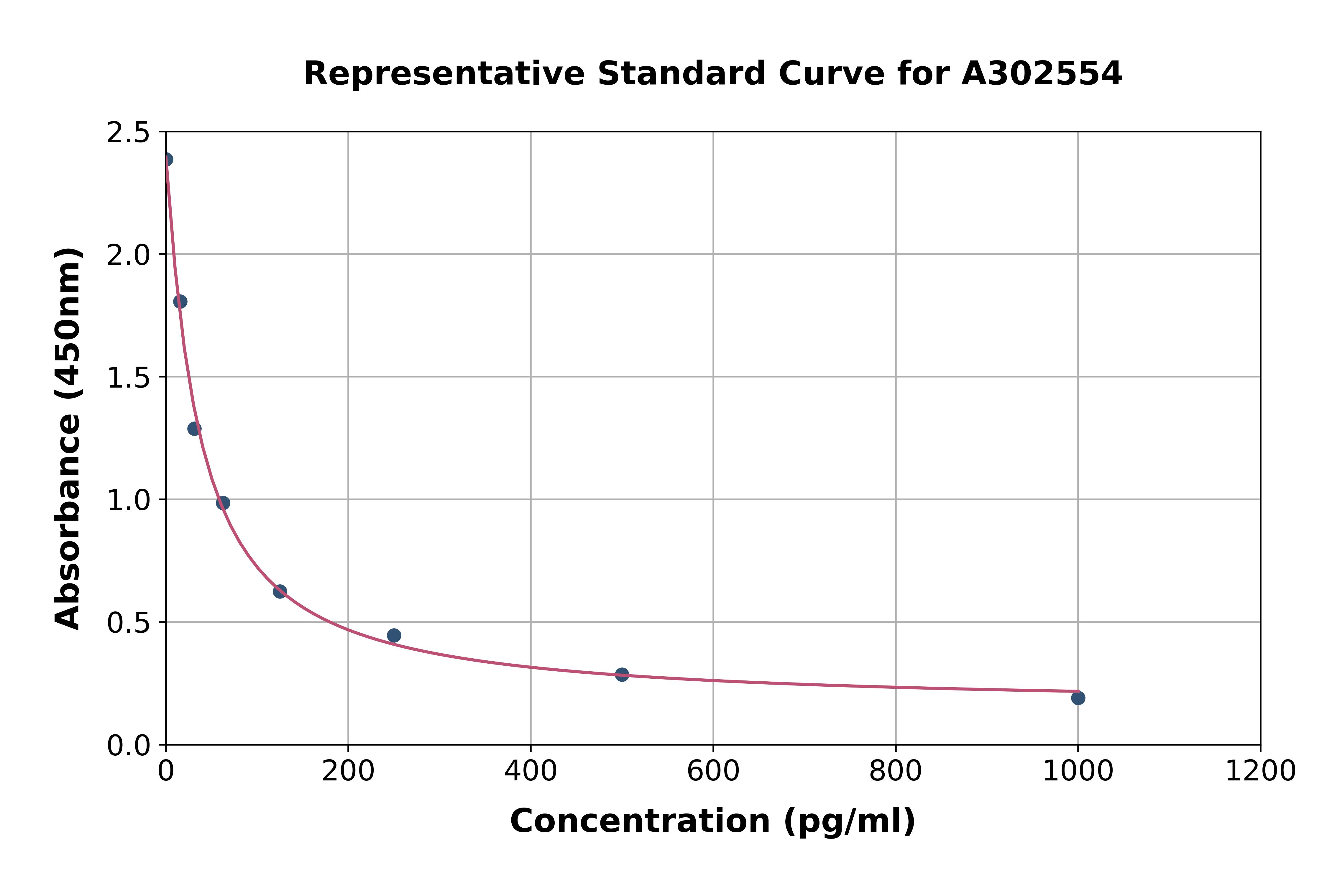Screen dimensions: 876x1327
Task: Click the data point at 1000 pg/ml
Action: click(1078, 698)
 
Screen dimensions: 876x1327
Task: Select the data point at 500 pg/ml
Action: click(622, 674)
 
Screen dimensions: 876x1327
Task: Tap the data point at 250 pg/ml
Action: click(394, 635)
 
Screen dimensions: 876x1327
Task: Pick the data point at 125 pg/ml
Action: click(280, 591)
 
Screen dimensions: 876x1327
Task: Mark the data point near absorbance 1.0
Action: click(223, 503)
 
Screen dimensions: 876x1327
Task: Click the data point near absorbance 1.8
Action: click(180, 302)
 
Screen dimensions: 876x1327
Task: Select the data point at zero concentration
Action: click(166, 160)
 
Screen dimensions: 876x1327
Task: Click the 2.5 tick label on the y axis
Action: click(129, 133)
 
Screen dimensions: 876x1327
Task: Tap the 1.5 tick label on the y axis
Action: click(129, 378)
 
